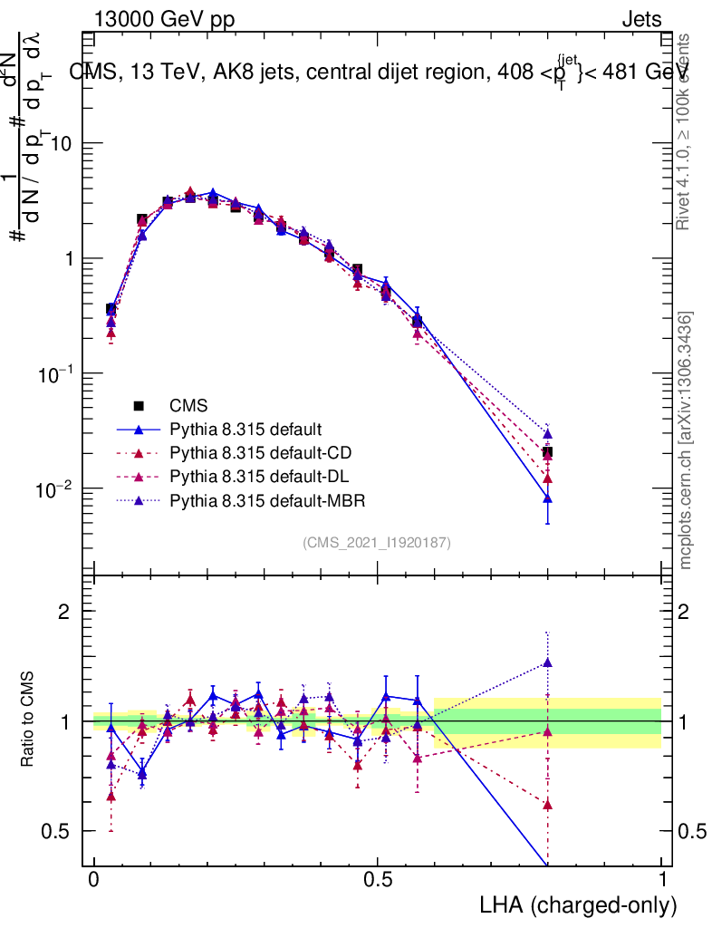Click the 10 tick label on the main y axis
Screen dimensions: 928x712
pyautogui.click(x=60, y=144)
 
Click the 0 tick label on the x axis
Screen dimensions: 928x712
pyautogui.click(x=94, y=880)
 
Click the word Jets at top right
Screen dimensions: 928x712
pyautogui.click(x=640, y=18)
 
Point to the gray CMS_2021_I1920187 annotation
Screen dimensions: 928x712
pyautogui.click(x=377, y=542)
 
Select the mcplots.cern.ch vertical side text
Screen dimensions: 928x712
pyautogui.click(x=686, y=440)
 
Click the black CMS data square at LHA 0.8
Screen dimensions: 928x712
pyautogui.click(x=547, y=452)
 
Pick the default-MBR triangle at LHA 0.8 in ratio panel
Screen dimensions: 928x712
pyautogui.click(x=547, y=662)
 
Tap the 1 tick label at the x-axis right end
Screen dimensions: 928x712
pyautogui.click(x=661, y=880)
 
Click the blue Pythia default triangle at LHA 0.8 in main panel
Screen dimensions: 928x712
pyautogui.click(x=547, y=498)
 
